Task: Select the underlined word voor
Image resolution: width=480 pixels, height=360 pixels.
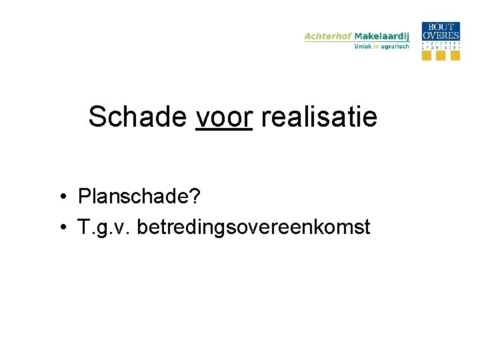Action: (224, 117)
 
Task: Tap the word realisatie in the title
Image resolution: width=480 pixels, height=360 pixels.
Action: (319, 117)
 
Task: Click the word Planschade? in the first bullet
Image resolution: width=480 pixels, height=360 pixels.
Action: (139, 197)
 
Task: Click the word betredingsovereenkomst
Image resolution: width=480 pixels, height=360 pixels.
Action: (253, 227)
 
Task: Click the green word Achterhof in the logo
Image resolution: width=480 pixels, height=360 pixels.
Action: (328, 36)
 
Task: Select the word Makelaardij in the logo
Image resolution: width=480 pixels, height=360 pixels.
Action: (382, 36)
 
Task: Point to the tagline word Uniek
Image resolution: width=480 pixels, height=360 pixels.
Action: (363, 47)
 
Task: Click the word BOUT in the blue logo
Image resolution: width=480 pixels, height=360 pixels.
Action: (441, 27)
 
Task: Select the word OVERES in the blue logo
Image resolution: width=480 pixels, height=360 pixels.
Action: (441, 35)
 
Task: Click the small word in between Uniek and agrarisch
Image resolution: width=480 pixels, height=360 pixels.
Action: (377, 47)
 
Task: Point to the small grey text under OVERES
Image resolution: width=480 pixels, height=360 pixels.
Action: (441, 45)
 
